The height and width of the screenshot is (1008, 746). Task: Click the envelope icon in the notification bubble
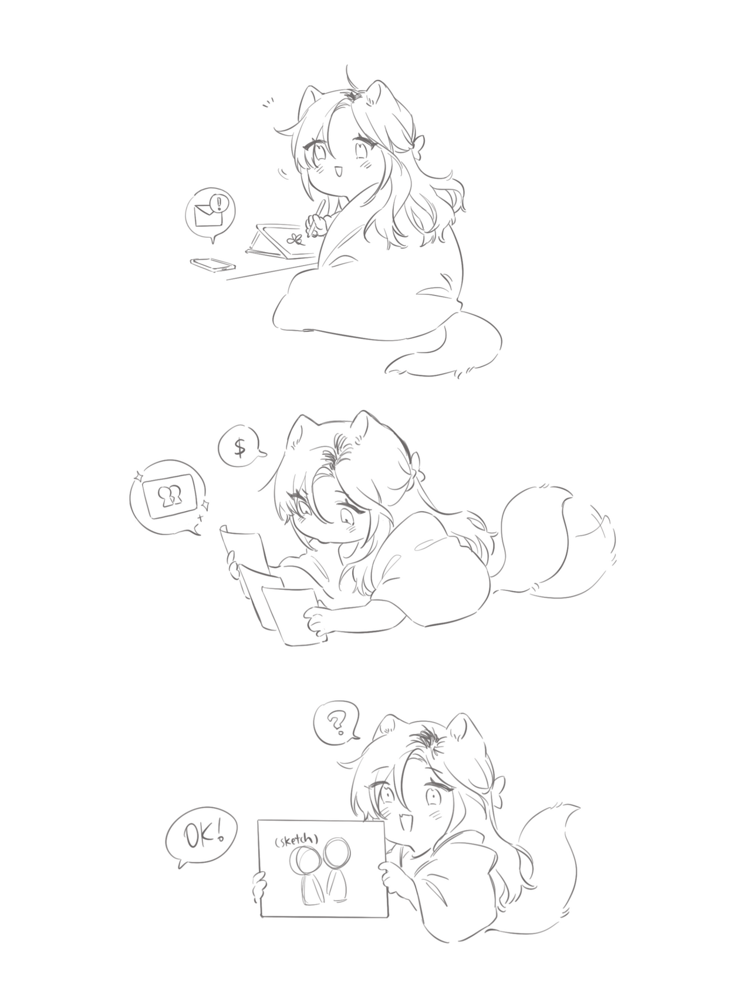tap(206, 216)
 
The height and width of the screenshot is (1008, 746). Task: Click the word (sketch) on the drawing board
tap(296, 841)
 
